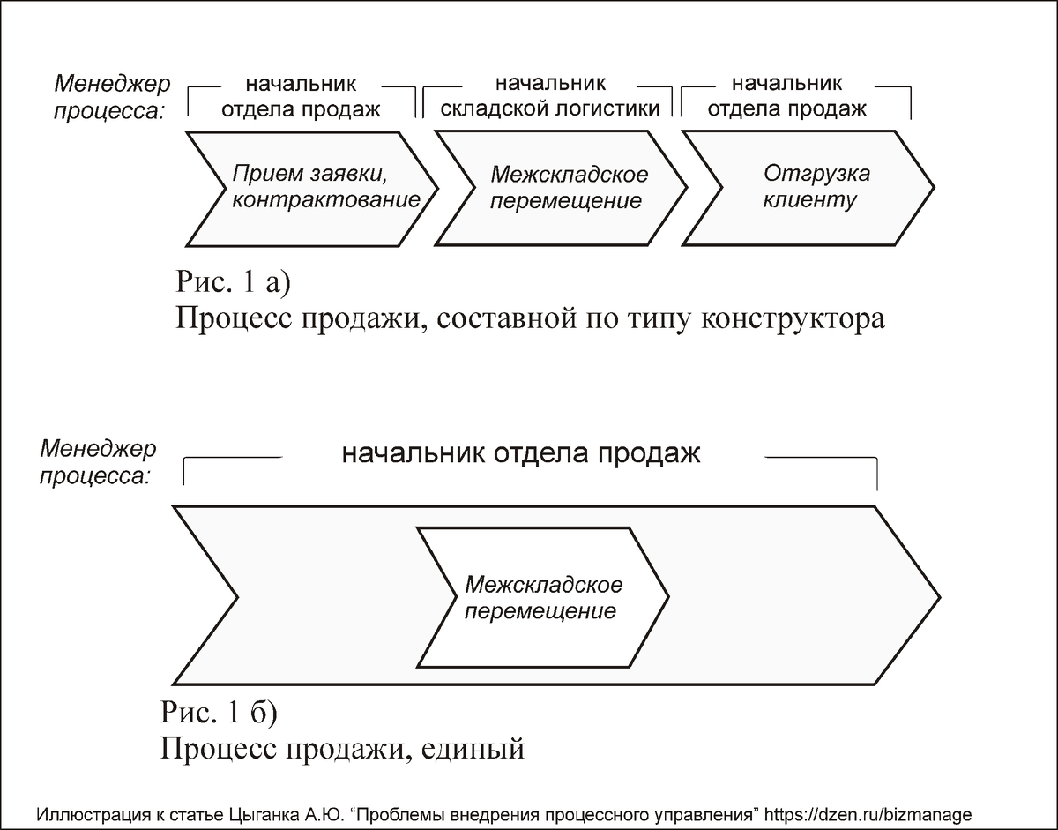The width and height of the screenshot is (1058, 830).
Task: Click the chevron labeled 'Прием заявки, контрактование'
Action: [317, 187]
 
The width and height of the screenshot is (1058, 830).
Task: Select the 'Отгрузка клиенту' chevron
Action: [807, 187]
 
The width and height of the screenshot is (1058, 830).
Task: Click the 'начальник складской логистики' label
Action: [550, 97]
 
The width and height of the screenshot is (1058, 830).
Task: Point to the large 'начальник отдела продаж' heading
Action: [520, 454]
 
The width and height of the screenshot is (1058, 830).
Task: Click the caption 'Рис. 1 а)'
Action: [233, 282]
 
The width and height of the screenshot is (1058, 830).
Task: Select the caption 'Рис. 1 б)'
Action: [220, 711]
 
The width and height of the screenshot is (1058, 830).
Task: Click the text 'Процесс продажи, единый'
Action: [343, 749]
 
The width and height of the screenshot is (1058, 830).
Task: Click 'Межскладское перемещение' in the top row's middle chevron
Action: [569, 187]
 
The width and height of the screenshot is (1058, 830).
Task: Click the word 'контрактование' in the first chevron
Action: [325, 199]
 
